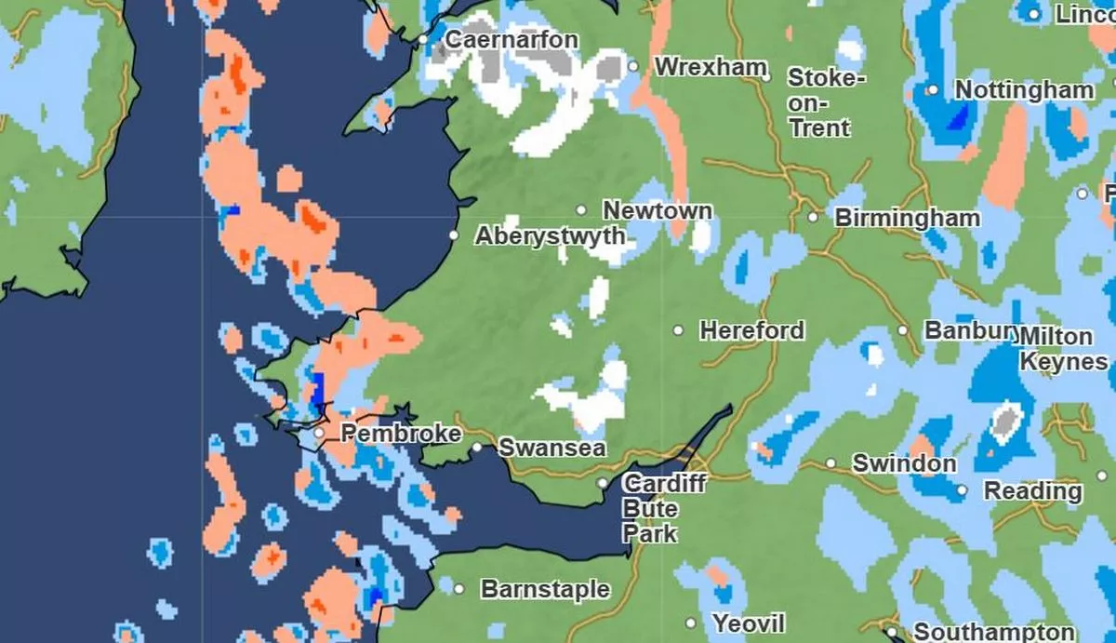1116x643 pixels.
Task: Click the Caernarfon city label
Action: pos(511,40)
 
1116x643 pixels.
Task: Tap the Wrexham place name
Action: pos(711,67)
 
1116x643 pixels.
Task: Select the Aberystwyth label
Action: pos(550,236)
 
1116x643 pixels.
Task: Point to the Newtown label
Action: pos(658,210)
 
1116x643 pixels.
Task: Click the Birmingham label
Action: pos(907,218)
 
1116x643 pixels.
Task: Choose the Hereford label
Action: pos(751,330)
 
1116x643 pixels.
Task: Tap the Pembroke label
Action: pos(401,434)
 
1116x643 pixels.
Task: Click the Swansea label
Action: pos(552,448)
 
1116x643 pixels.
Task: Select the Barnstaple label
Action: pos(545,589)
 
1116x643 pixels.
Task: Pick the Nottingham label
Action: pos(1025,90)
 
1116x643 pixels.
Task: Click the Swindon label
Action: pos(904,463)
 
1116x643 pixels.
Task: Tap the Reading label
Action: pos(1032,490)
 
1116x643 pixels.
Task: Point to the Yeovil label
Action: pos(749,623)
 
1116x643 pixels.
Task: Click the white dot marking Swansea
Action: pos(477,448)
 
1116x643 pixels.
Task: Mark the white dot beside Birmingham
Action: pos(813,218)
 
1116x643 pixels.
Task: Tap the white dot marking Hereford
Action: pos(679,330)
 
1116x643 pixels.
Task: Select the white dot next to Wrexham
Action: pos(633,67)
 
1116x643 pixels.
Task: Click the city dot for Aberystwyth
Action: pos(454,236)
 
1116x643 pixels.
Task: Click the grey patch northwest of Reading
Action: pos(1004,422)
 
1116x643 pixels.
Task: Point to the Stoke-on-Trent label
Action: pos(826,102)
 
